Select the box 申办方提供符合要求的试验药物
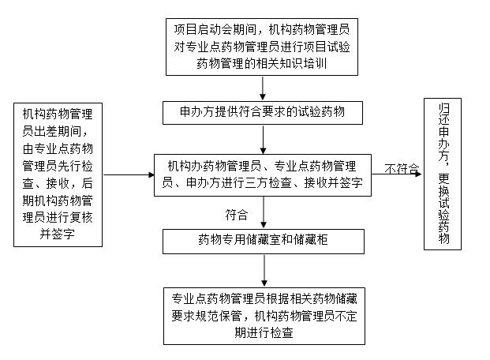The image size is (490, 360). (264, 113)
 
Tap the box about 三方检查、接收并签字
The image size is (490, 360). (264, 174)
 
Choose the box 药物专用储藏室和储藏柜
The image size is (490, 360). (264, 239)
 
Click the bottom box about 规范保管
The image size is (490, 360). (264, 316)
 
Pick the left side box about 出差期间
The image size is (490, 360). (58, 174)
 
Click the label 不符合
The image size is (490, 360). (402, 168)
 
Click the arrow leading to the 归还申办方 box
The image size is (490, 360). (398, 175)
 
